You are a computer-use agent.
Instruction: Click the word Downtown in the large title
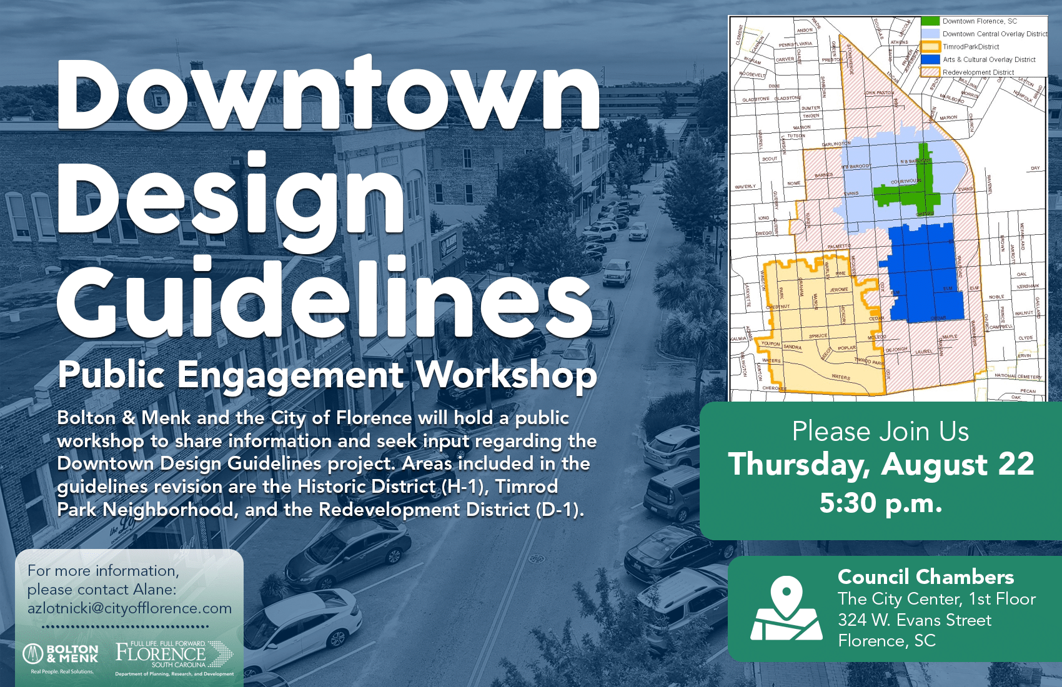[328, 95]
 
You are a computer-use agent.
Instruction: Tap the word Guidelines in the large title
[325, 299]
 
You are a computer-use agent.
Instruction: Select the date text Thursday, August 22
[881, 464]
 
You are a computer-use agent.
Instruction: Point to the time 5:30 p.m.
[881, 503]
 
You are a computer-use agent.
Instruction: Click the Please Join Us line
[881, 432]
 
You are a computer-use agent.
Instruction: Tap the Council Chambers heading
[926, 576]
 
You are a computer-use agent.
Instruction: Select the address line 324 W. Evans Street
[915, 620]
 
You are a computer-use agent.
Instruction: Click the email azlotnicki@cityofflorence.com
[129, 608]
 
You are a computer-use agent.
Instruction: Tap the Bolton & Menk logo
[61, 655]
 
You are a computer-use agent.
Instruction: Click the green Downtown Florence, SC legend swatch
[930, 21]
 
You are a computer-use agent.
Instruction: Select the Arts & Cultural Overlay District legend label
[989, 60]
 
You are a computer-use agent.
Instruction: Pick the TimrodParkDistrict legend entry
[971, 47]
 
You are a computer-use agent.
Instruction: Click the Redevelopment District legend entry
[978, 72]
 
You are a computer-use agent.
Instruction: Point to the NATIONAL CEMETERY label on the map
[1018, 377]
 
